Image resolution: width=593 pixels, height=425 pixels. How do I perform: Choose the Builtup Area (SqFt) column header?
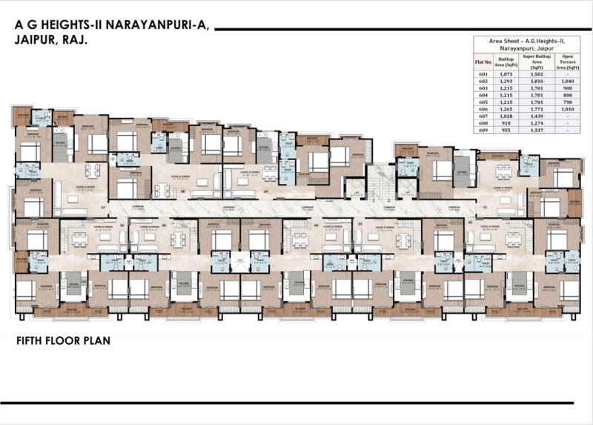point(506,62)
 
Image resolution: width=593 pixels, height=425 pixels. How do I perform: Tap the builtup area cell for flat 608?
point(506,124)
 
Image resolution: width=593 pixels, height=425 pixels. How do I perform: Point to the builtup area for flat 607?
point(506,117)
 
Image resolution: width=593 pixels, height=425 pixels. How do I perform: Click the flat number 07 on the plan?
point(104,208)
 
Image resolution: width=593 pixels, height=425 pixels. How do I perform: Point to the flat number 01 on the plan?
point(485,208)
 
